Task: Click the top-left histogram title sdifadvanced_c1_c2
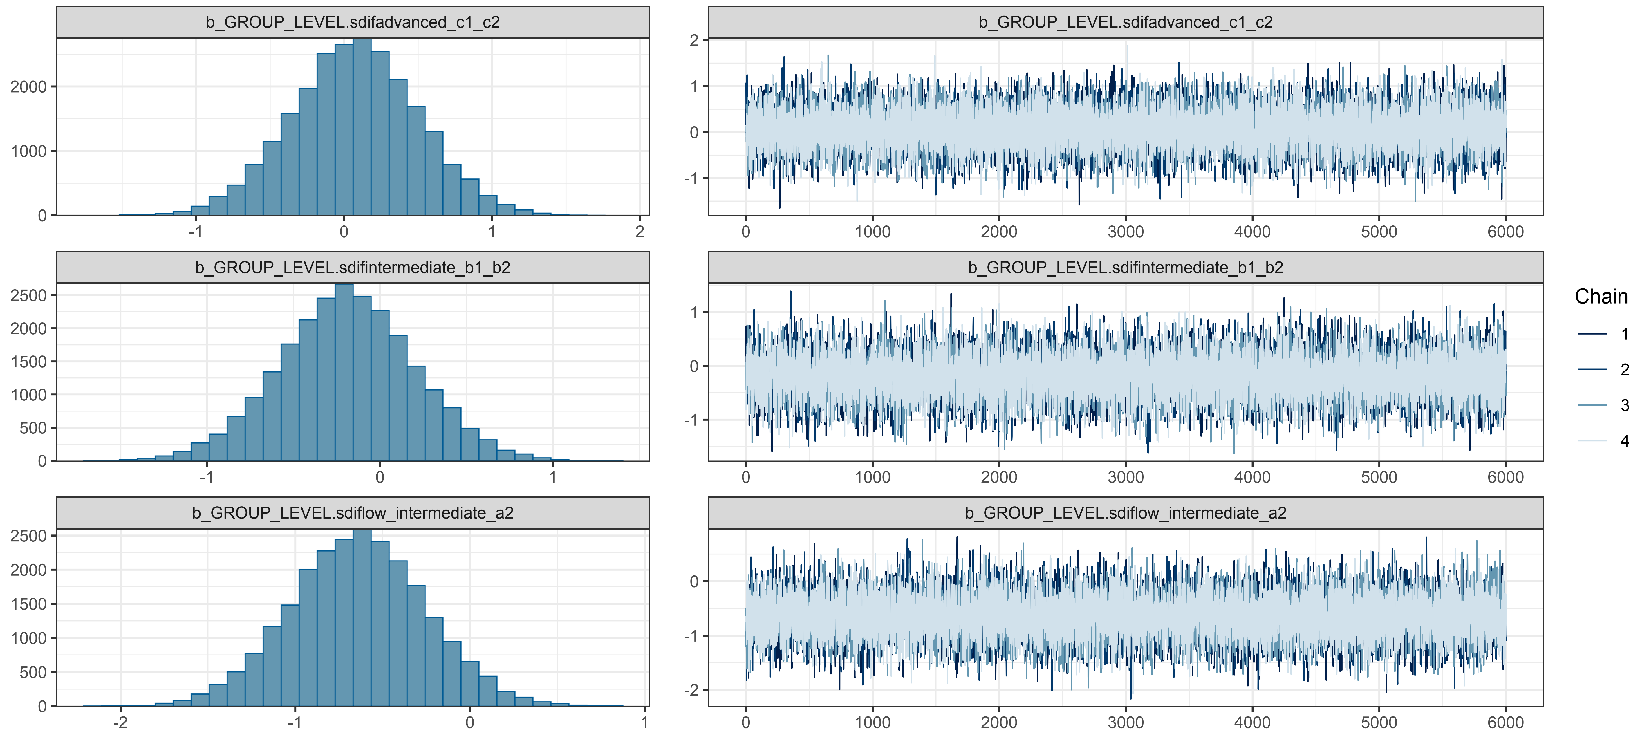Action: (x=353, y=22)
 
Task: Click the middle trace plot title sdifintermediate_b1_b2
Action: (x=1125, y=268)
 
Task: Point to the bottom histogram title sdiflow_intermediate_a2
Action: (x=353, y=513)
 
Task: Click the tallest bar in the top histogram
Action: (x=362, y=128)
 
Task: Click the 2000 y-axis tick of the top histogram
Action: (x=29, y=86)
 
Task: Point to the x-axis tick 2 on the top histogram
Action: (x=640, y=232)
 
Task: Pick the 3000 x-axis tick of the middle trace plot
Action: (x=1125, y=477)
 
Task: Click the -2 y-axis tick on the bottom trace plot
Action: (x=691, y=690)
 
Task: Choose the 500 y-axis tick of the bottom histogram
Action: (x=33, y=672)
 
